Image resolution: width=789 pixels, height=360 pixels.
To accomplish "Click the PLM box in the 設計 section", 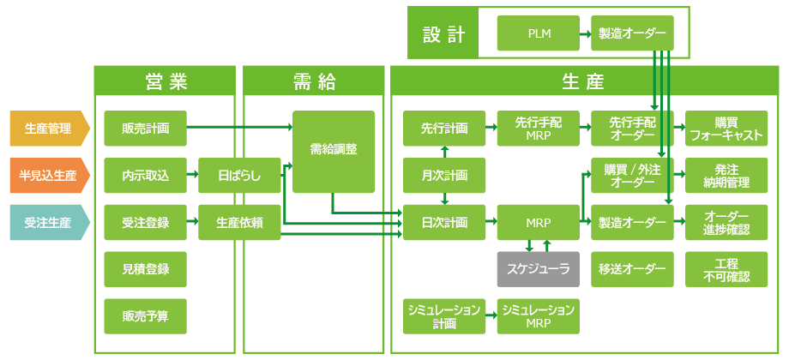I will click(539, 34).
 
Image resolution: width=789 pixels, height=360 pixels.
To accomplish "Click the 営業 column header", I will click(165, 81).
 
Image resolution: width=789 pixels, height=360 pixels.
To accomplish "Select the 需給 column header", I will click(313, 81).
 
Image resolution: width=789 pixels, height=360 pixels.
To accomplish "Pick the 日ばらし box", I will click(239, 176).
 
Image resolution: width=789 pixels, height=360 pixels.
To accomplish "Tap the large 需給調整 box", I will click(334, 151).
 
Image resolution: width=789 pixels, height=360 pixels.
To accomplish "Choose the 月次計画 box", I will click(444, 176).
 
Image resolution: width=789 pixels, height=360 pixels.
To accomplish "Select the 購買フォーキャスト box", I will click(726, 129).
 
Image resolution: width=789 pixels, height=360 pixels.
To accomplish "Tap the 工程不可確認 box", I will click(726, 269).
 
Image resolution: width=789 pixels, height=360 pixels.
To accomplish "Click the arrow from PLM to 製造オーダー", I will click(585, 34).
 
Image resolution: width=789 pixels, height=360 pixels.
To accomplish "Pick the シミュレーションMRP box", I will click(539, 315).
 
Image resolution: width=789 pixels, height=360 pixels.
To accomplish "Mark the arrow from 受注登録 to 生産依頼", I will click(193, 223).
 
